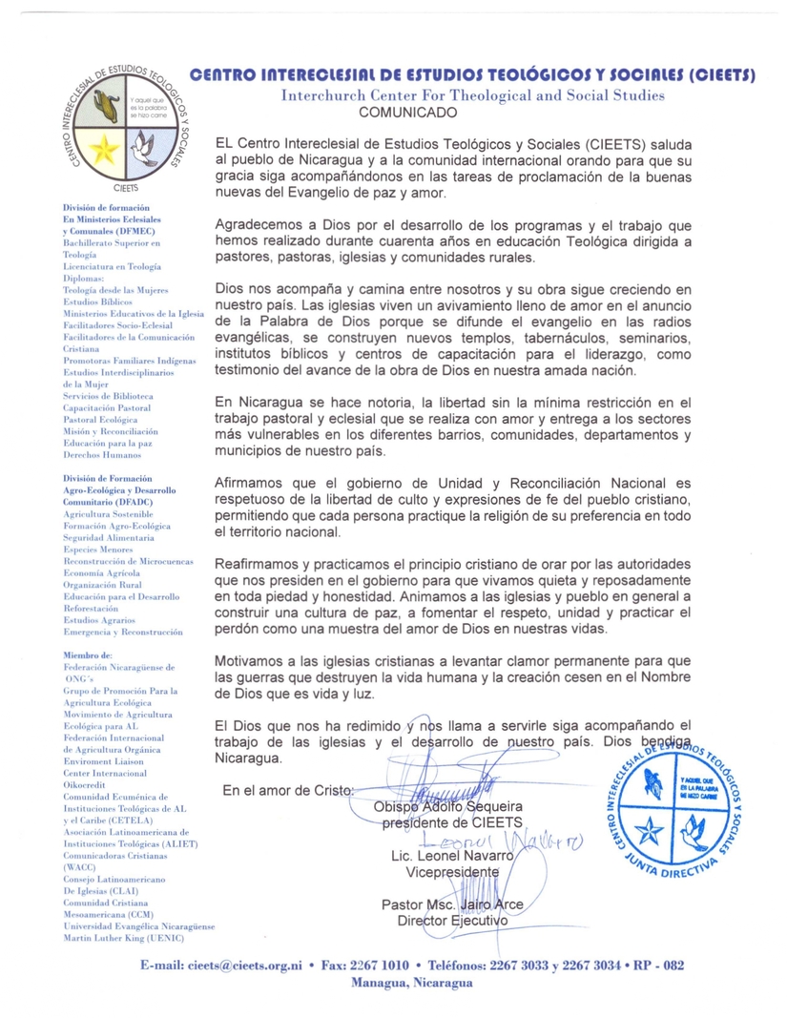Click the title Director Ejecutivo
click(x=452, y=920)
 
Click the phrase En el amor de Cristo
click(x=287, y=790)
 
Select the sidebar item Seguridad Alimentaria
click(x=112, y=538)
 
